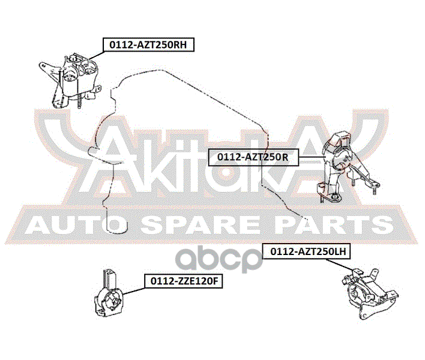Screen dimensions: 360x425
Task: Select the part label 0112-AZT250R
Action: (253, 157)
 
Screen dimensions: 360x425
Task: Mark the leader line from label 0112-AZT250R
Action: (312, 157)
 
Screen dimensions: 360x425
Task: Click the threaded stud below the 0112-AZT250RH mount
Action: (78, 103)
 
